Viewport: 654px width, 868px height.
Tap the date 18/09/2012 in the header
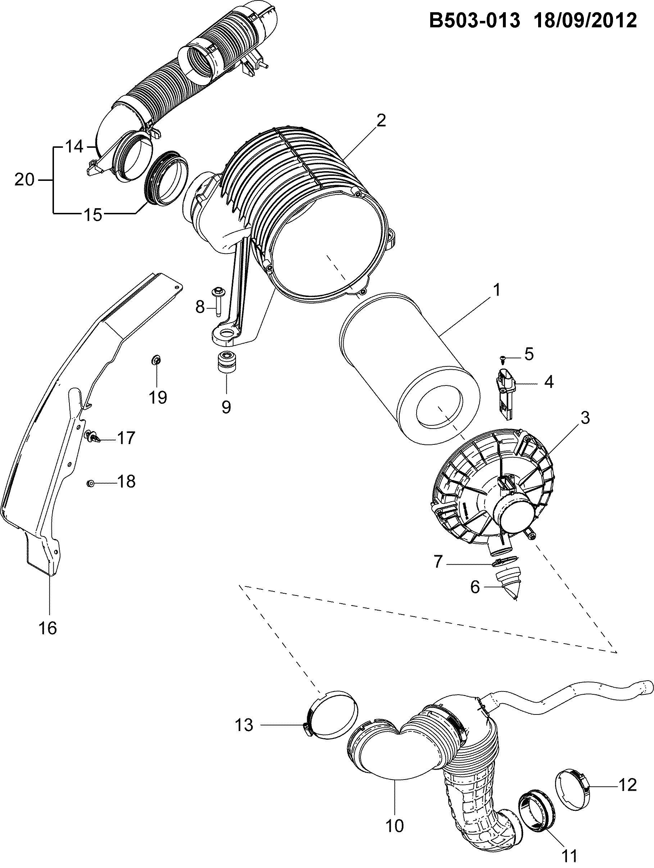[x=585, y=20]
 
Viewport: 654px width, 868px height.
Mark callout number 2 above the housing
[x=380, y=120]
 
